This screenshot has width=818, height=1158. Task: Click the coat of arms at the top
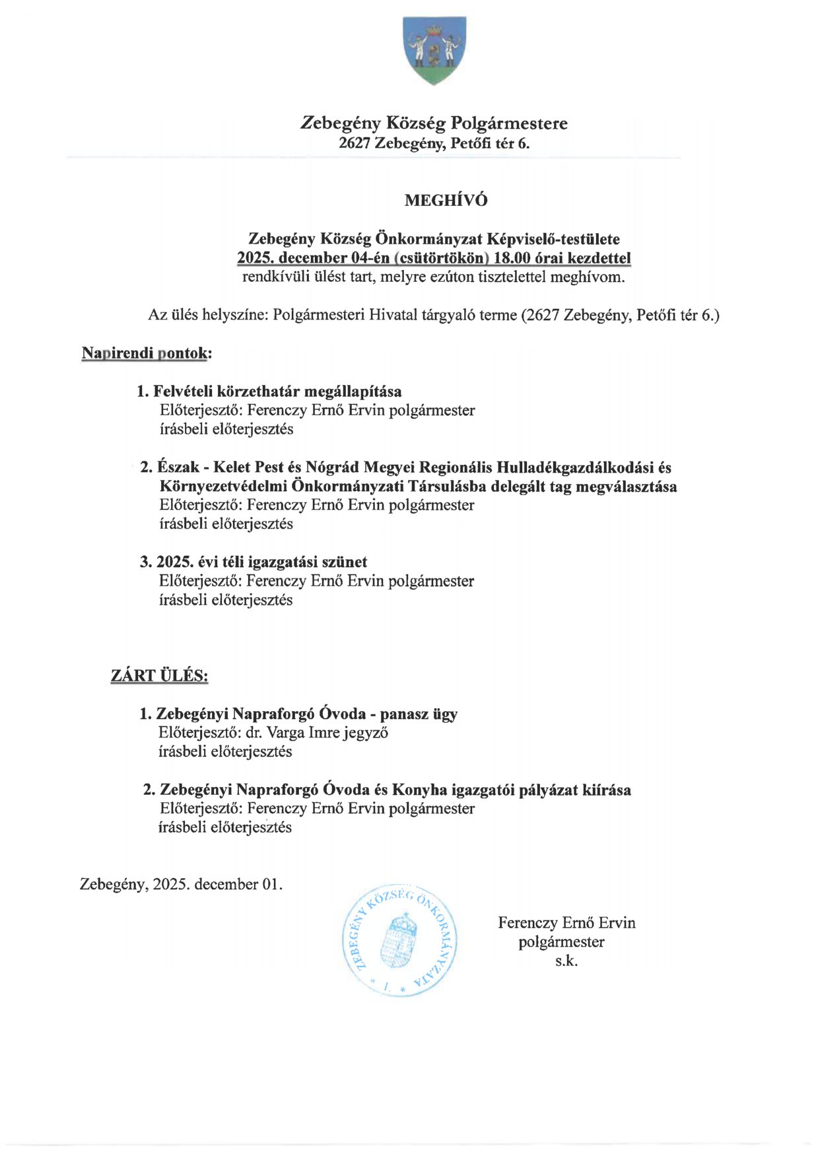434,50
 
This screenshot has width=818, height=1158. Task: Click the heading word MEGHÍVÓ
446,201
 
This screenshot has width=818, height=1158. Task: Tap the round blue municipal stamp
400,939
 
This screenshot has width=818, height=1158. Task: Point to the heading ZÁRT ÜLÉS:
159,676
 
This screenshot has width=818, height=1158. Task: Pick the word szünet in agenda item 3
344,562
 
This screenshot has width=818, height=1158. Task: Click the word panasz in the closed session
403,714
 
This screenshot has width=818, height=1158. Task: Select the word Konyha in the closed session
420,790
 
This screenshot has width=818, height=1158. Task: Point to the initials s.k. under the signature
566,961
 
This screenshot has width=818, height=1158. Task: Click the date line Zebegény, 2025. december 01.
181,885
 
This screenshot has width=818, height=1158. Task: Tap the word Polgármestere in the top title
509,123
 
